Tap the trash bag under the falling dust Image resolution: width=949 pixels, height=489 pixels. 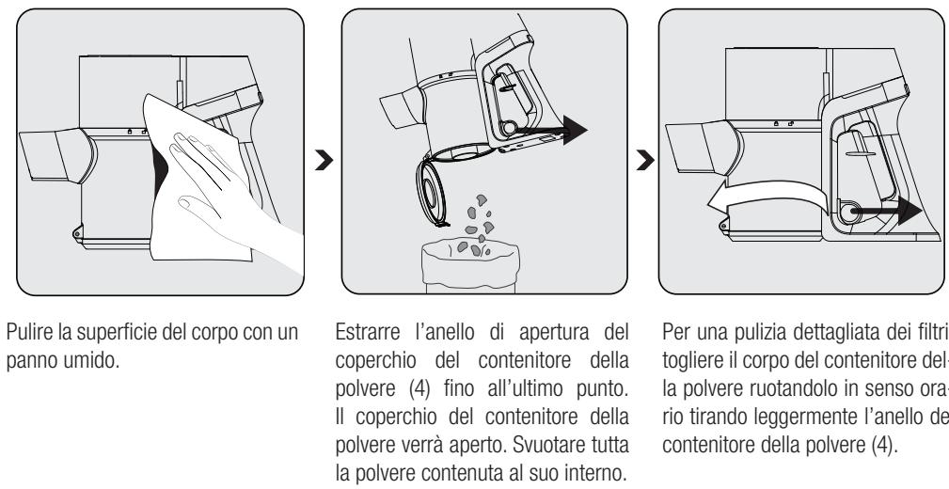coord(467,265)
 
